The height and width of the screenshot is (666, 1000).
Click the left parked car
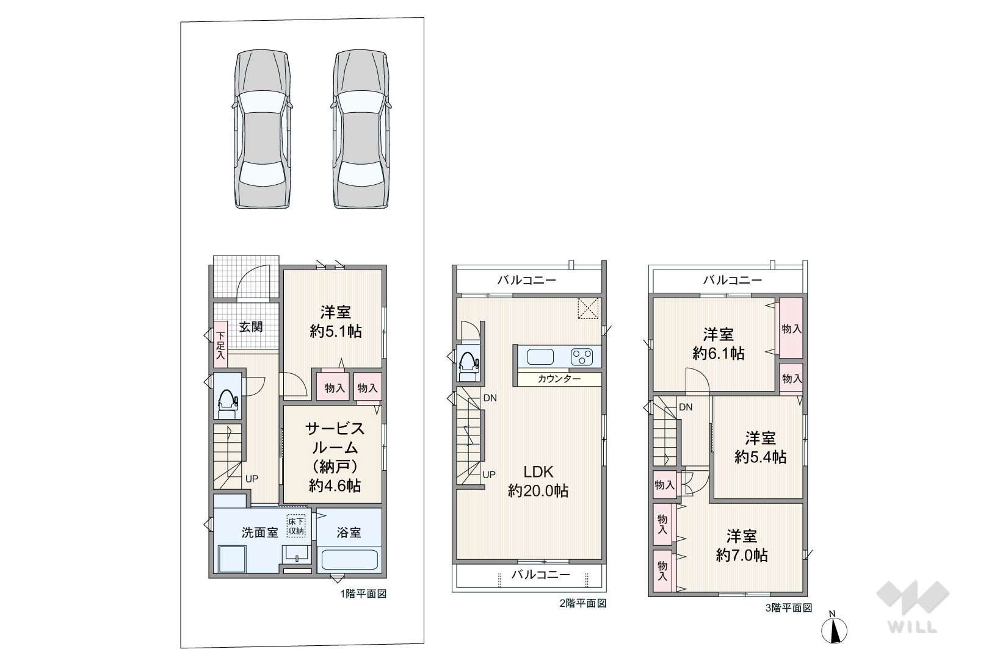(x=263, y=129)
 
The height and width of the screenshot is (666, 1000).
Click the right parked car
(x=361, y=129)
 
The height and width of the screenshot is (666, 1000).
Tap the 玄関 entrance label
(x=251, y=327)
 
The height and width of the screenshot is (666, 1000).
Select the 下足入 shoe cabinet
(x=220, y=345)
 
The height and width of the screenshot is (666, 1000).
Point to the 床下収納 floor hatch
(x=296, y=526)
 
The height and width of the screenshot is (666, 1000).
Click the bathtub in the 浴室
(x=350, y=560)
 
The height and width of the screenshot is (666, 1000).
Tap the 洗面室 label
(x=260, y=532)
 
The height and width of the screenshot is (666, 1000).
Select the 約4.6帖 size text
(x=335, y=485)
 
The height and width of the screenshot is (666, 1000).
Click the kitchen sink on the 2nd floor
(x=540, y=357)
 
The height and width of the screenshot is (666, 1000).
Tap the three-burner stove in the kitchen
(x=582, y=357)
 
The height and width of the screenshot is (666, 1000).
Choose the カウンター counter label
(x=559, y=379)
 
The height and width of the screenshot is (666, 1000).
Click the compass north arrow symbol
(x=834, y=629)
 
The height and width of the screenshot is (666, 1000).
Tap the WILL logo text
(x=912, y=627)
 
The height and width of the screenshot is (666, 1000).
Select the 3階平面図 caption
(x=788, y=607)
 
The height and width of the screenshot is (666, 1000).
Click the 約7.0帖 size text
(x=742, y=555)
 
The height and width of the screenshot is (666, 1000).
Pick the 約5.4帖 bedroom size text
(x=760, y=457)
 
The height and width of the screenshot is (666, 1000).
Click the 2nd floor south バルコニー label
(x=541, y=574)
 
